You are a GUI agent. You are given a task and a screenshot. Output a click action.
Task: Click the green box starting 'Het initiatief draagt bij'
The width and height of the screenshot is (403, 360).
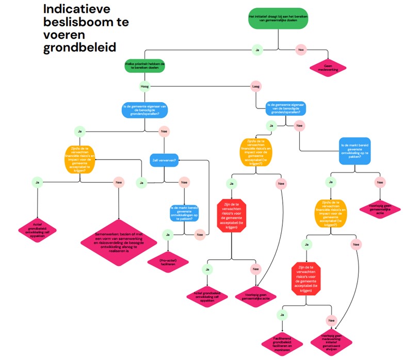point(278,19)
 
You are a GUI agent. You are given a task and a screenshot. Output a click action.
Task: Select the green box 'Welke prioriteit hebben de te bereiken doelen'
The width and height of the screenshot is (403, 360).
point(144,65)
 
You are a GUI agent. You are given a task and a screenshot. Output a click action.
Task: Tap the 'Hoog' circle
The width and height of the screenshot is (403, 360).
point(144,86)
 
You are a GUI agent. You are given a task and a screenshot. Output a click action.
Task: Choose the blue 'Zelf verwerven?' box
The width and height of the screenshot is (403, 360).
point(164,160)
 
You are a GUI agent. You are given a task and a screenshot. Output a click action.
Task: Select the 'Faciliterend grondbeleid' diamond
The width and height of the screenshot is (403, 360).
point(282,341)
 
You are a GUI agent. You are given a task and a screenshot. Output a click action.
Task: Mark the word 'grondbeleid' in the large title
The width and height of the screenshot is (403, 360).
point(79,48)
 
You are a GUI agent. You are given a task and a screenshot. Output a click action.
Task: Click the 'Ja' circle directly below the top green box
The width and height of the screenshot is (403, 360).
point(256,50)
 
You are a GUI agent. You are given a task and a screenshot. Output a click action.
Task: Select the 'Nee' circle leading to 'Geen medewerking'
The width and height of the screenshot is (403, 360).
point(301,50)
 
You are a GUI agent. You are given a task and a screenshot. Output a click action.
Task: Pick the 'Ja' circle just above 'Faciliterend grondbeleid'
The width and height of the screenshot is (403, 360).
point(282,314)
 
